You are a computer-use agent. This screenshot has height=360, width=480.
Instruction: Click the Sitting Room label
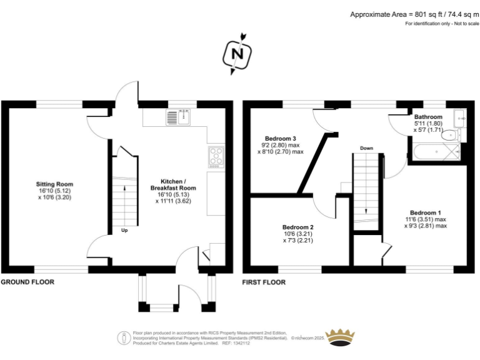point(54,184)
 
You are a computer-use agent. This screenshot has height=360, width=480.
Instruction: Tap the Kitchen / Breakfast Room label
point(173,183)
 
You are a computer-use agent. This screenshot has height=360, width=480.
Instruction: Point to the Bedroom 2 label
point(297,227)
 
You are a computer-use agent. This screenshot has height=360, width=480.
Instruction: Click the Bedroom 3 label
point(280,138)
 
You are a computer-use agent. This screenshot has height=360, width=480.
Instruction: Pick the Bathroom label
point(428,117)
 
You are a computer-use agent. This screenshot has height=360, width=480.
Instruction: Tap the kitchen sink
point(179,116)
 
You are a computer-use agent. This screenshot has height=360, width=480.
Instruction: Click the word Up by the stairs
point(125,230)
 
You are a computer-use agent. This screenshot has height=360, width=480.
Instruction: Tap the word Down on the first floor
point(366,148)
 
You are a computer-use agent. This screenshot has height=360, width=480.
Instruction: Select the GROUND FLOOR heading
point(27,282)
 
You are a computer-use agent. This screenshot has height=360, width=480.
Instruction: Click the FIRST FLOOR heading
point(264,282)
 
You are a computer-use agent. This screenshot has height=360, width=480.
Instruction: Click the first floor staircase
point(367,187)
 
